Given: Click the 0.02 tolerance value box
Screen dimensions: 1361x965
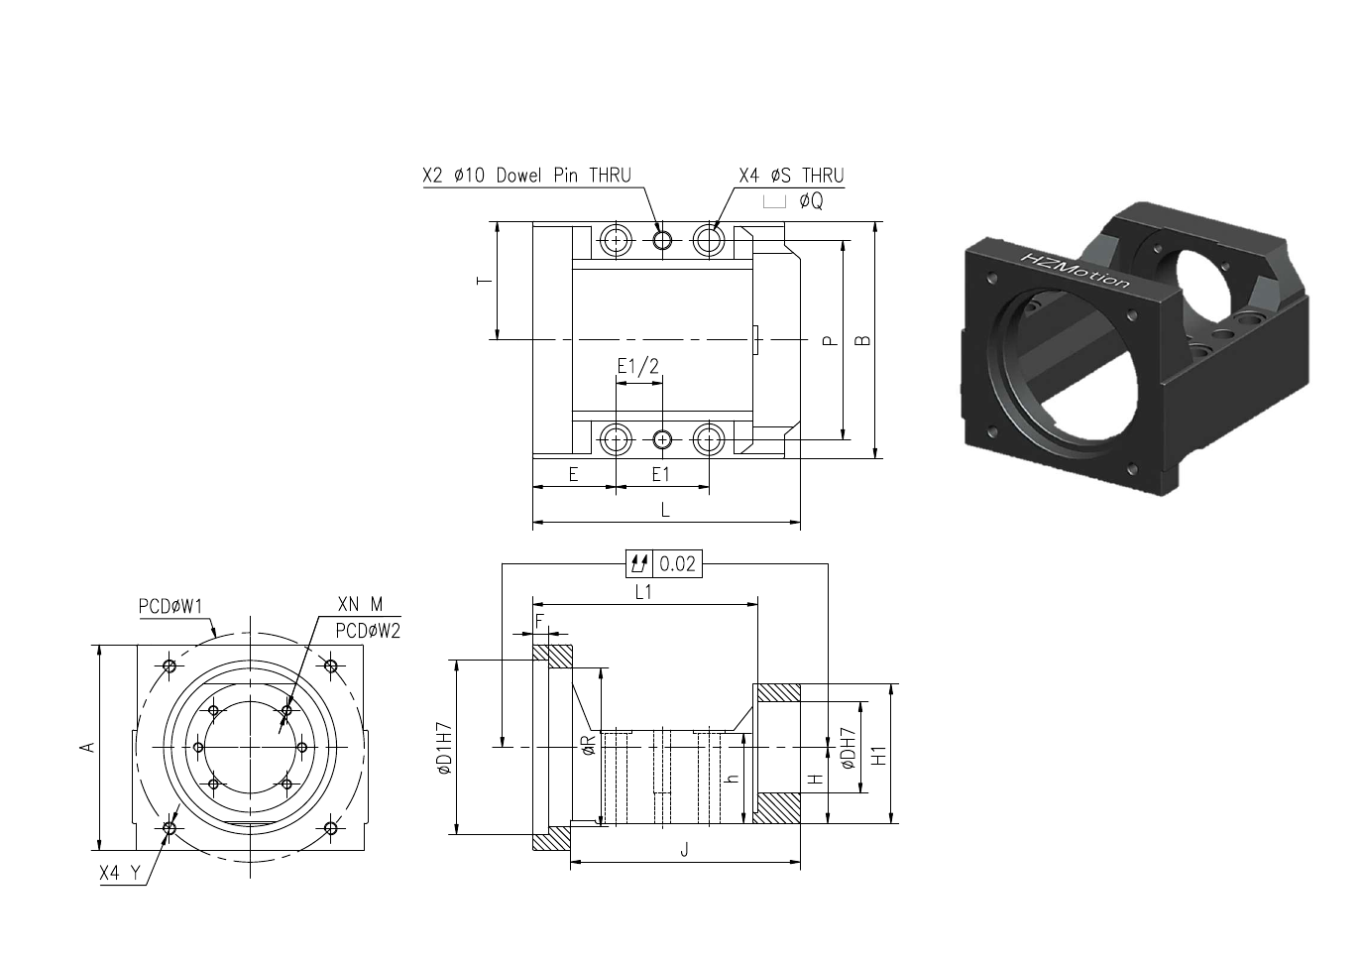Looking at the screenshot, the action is tap(677, 563).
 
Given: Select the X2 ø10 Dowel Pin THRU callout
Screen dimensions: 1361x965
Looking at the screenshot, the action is tap(526, 176).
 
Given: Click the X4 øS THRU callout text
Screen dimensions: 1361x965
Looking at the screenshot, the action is tap(791, 176).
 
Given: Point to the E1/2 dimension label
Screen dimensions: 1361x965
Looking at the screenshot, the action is tap(638, 365).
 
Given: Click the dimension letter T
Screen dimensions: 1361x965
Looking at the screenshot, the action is tap(485, 281).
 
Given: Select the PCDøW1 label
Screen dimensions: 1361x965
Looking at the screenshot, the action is tap(170, 606).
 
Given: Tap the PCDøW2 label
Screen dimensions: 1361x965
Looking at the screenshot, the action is tap(368, 631).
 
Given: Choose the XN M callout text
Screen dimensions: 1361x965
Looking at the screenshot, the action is tap(360, 604).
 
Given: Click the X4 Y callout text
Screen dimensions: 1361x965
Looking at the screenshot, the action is tap(120, 873).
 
